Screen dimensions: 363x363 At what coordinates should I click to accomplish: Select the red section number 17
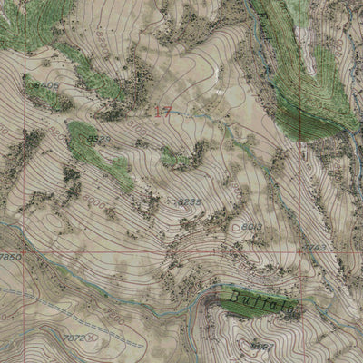point(162,111)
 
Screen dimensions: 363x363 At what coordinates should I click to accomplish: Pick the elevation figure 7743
point(314,246)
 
